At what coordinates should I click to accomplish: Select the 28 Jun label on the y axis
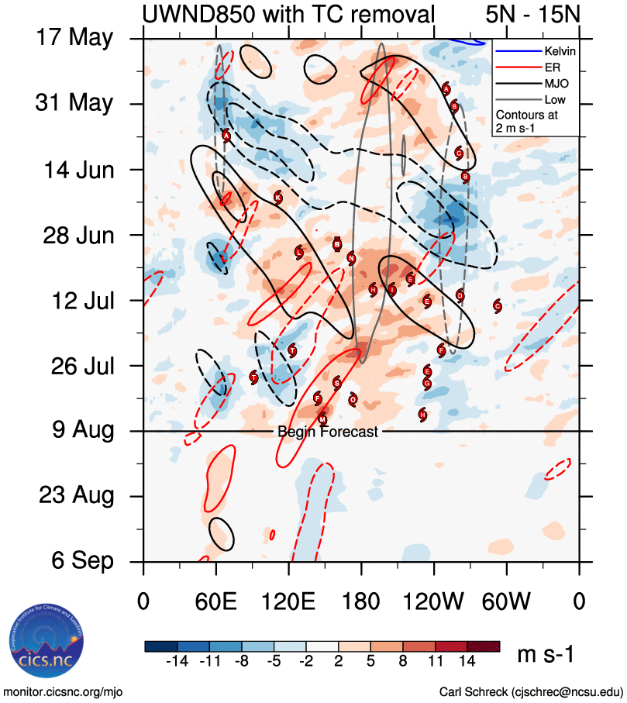pos(75,234)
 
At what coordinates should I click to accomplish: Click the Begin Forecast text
pos(328,432)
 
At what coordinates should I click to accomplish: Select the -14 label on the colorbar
pos(177,660)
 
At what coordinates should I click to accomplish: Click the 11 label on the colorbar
pos(436,660)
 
